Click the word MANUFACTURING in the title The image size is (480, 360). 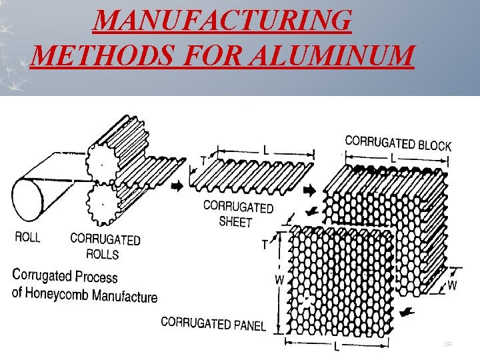point(223,21)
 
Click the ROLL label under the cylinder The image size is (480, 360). point(28,237)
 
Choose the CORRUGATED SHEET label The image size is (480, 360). point(237,213)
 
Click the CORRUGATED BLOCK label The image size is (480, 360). point(398,143)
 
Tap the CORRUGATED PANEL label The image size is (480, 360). point(213,324)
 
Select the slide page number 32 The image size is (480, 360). point(447,343)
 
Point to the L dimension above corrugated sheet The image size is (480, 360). point(265,151)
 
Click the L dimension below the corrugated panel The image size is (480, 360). point(337,346)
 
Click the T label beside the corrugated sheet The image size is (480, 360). point(203,160)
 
